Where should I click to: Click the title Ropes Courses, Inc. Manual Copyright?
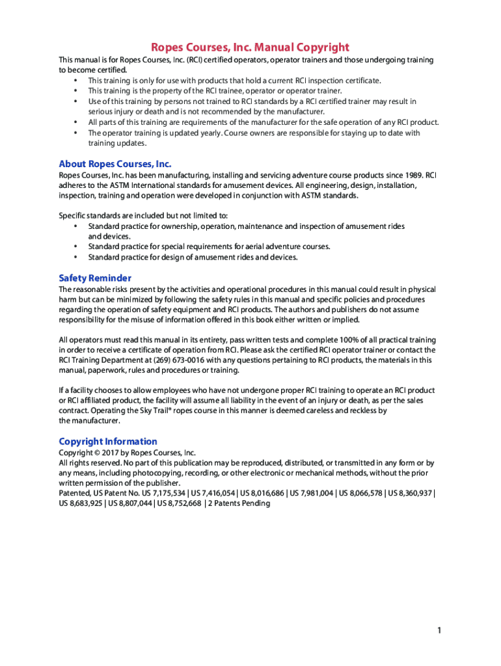point(250,47)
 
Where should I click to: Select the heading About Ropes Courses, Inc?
point(115,164)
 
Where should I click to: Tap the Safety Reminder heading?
point(95,278)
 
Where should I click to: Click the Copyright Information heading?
point(108,441)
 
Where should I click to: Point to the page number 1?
point(440,630)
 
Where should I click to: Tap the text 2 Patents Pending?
point(239,503)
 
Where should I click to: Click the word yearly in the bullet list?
point(210,133)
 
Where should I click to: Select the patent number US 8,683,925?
point(81,503)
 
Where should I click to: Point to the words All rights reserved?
point(87,463)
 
